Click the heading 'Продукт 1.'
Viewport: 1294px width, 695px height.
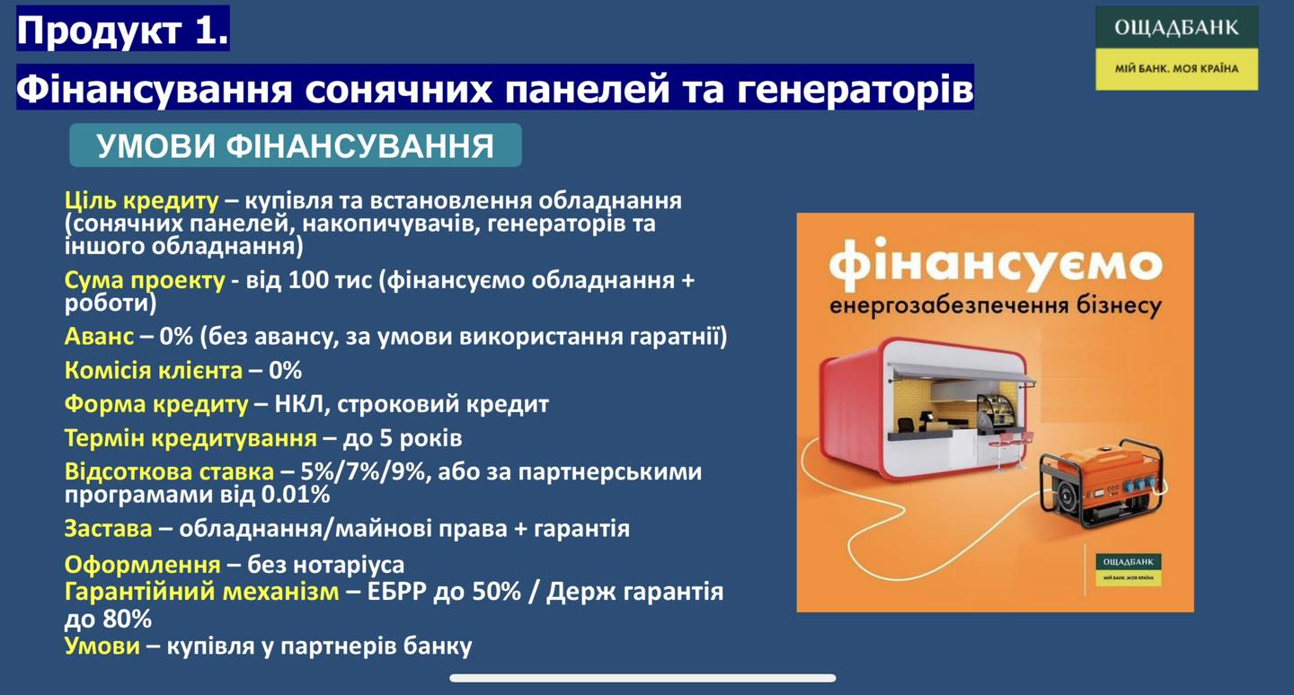(122, 29)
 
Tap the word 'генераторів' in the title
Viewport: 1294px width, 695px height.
(855, 89)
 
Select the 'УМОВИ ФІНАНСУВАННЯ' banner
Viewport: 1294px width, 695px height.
(295, 145)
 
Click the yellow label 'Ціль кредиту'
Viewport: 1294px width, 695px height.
(142, 200)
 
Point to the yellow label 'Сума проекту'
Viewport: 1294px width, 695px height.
(145, 280)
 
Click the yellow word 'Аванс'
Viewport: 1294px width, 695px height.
(99, 336)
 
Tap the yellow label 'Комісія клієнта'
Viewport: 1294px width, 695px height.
(153, 370)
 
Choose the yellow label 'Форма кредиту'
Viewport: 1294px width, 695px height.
(156, 404)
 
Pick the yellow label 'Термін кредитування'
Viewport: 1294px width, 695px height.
(191, 438)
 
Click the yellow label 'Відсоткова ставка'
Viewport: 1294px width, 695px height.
(169, 471)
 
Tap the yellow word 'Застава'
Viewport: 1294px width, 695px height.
(108, 528)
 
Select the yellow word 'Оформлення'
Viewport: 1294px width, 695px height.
(142, 565)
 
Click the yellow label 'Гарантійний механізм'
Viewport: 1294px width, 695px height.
(201, 592)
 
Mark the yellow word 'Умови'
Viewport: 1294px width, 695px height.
(102, 646)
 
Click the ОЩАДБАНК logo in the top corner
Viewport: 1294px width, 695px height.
(1177, 48)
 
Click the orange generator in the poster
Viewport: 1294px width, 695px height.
(1103, 482)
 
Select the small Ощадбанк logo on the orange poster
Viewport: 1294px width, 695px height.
(1129, 569)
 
